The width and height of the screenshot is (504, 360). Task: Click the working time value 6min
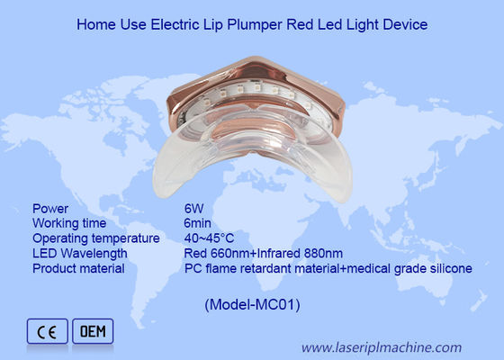click(196, 222)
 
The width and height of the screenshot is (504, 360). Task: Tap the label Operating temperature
click(95, 238)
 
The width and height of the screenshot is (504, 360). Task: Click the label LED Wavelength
click(79, 253)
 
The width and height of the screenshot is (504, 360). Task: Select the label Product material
click(80, 268)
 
